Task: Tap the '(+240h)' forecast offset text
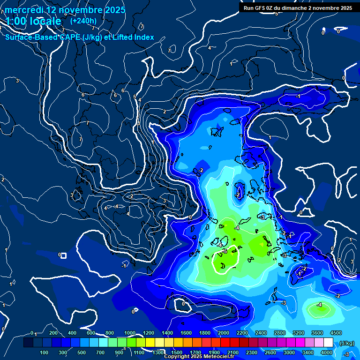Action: (x=83, y=21)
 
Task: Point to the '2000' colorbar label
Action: (x=224, y=333)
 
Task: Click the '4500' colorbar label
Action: (x=336, y=333)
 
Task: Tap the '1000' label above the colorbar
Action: (x=130, y=333)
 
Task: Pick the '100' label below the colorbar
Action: (x=44, y=352)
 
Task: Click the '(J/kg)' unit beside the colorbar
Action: (x=346, y=344)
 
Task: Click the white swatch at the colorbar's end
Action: (x=328, y=343)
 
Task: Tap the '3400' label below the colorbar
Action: (x=307, y=352)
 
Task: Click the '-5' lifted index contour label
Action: (x=225, y=252)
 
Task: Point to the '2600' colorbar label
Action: (x=270, y=352)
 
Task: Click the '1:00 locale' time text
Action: (x=33, y=21)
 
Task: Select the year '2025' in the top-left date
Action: (x=114, y=10)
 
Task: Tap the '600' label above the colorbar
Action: (x=91, y=333)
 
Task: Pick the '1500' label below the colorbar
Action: (x=176, y=352)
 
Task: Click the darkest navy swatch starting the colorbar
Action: (x=28, y=343)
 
